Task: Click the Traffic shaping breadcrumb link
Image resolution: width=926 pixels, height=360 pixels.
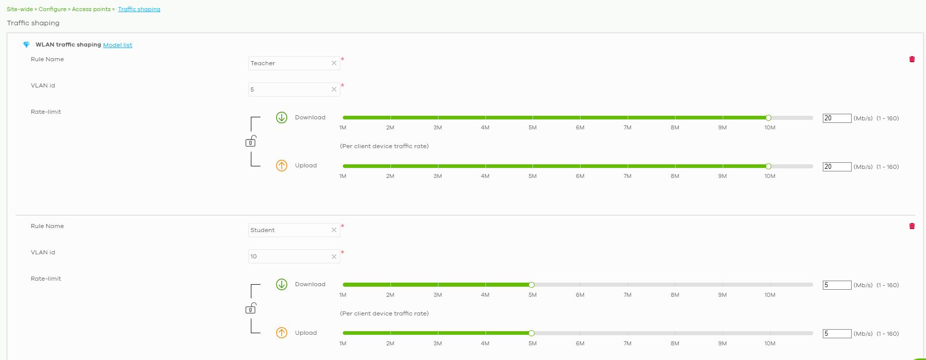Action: (x=139, y=9)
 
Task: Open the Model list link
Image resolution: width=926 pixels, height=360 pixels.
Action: (x=117, y=45)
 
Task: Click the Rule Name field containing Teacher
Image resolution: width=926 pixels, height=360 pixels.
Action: (x=288, y=63)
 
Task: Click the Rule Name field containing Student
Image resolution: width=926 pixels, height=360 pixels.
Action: (x=288, y=230)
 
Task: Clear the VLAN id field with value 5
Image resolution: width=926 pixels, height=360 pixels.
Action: (x=334, y=89)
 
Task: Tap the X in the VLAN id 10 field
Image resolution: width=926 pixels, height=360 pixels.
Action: (x=334, y=256)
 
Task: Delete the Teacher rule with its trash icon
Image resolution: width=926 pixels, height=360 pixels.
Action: (x=912, y=59)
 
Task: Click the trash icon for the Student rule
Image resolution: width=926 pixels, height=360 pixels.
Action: (x=912, y=226)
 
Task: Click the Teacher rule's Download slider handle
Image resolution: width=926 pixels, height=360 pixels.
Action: (x=768, y=118)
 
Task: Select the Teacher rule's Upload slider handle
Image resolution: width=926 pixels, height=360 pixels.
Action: (x=768, y=166)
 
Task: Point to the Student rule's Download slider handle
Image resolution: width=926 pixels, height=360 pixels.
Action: (x=532, y=285)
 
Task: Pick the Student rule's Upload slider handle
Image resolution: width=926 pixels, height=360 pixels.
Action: (x=532, y=333)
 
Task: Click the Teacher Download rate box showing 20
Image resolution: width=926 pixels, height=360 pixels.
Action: (x=836, y=118)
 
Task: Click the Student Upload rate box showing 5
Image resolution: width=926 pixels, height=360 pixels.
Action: (x=836, y=334)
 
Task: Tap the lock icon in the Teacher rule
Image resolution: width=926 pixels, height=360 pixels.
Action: (x=250, y=142)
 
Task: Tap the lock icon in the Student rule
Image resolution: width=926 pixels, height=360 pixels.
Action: (x=250, y=308)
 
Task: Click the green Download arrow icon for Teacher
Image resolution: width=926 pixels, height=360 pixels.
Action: (x=282, y=117)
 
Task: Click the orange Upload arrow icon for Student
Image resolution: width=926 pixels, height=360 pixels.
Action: (x=282, y=333)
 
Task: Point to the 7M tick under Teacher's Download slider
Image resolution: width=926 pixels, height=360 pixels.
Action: (x=627, y=127)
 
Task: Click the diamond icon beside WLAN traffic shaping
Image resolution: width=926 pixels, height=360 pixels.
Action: (x=26, y=45)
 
